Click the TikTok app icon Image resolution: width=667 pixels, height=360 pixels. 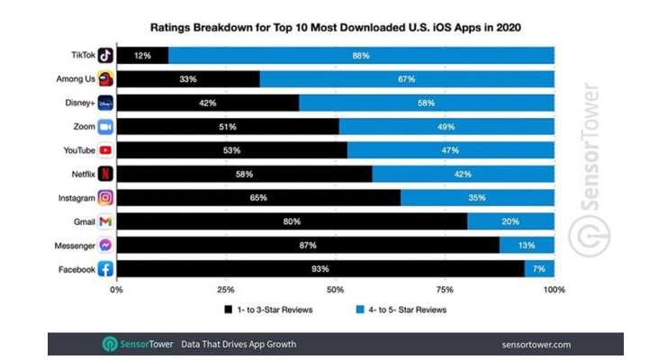coord(104,55)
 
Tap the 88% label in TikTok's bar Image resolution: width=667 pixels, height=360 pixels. coord(361,56)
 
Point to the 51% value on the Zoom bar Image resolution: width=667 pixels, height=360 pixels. coord(228,127)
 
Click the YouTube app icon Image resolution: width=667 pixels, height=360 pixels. coord(104,150)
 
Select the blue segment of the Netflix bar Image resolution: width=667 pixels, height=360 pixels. coord(463,174)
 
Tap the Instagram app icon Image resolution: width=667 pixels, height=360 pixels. coord(104,197)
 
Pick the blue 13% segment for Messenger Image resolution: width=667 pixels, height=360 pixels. coord(527,245)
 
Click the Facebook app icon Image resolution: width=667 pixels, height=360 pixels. coord(104,268)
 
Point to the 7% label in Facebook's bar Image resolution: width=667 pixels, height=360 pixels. coord(539,268)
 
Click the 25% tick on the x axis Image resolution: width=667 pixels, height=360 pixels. coord(226,290)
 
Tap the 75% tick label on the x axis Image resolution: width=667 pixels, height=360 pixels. coord(445,290)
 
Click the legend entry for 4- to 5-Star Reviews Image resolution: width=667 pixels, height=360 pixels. coord(401,309)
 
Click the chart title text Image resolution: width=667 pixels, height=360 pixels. coord(335,28)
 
